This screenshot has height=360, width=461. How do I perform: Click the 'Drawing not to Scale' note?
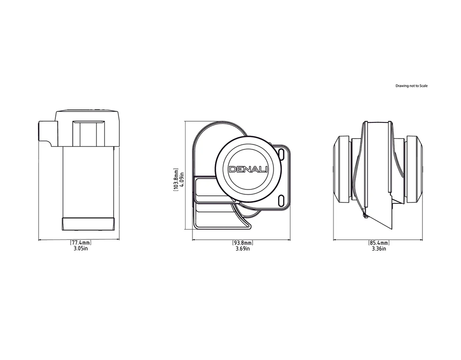pos(411,85)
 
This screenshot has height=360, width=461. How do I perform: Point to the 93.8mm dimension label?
pos(243,243)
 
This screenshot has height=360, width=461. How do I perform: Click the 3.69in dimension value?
pos(243,248)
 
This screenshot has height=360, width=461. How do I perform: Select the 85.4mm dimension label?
pos(379,243)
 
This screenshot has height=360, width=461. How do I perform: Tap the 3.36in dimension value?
pos(379,248)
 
